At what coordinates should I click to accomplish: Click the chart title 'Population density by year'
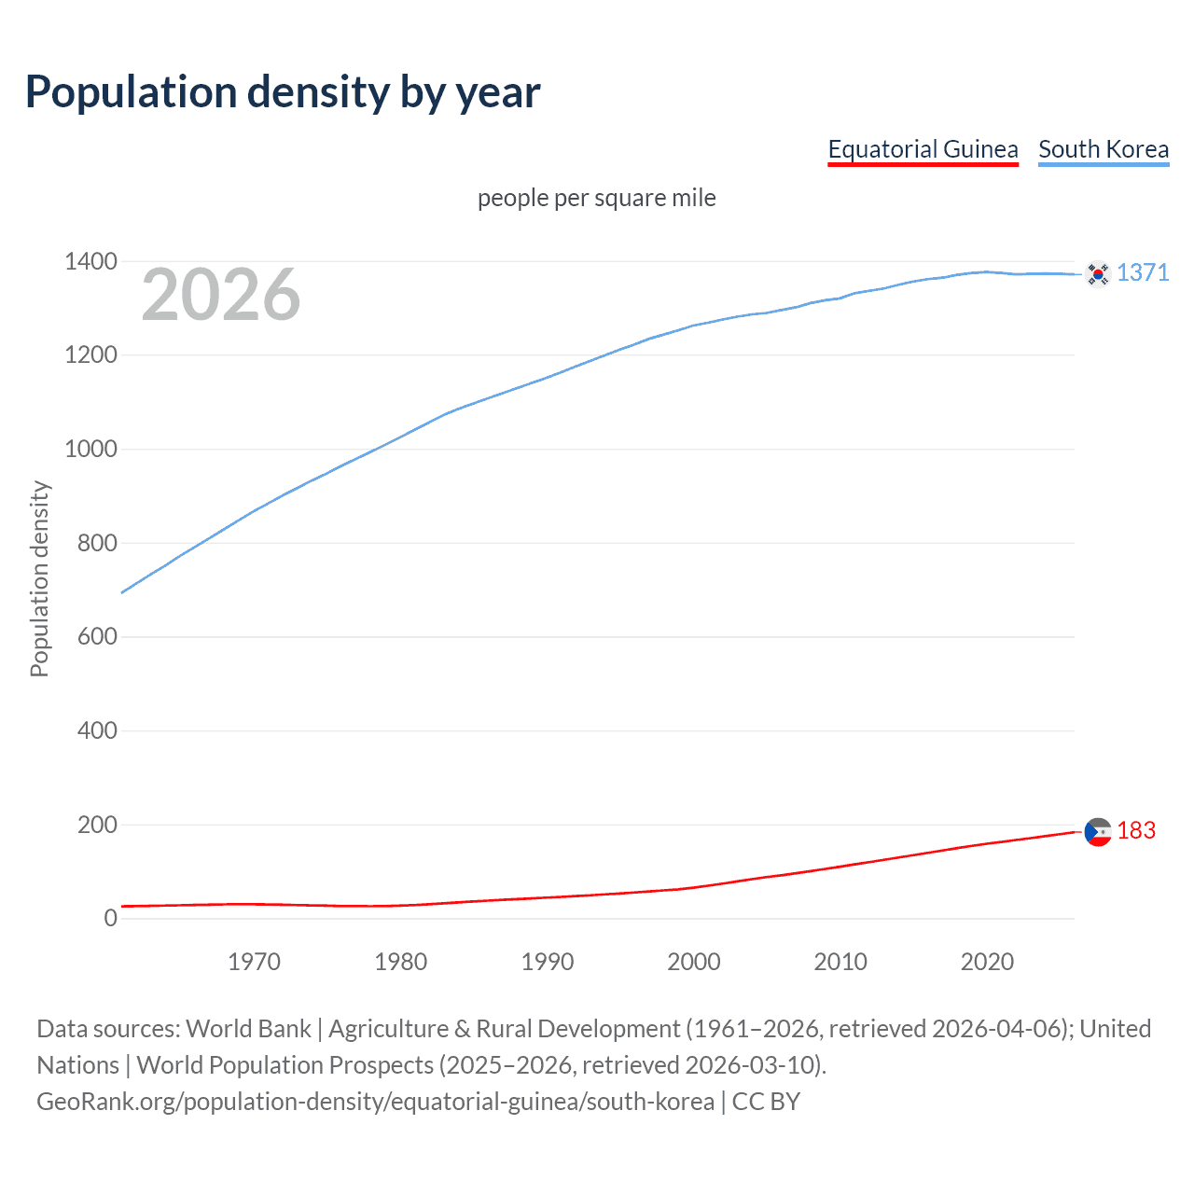(x=283, y=92)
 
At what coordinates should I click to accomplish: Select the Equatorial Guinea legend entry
(x=923, y=149)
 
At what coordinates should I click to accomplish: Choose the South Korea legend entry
(x=1104, y=149)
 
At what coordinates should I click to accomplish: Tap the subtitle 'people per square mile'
(x=596, y=198)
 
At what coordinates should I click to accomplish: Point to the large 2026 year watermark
(x=221, y=295)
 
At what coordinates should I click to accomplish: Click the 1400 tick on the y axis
(x=90, y=261)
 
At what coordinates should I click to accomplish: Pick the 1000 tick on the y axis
(x=90, y=449)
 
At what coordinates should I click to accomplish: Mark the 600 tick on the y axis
(x=97, y=636)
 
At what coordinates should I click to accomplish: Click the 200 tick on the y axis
(x=97, y=825)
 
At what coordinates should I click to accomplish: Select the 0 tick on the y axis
(x=111, y=918)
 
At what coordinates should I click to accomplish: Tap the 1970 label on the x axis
(x=254, y=962)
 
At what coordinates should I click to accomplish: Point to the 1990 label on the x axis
(x=548, y=962)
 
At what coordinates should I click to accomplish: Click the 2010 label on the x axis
(x=840, y=962)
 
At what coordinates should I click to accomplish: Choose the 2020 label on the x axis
(x=987, y=962)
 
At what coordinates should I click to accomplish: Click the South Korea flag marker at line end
(x=1098, y=273)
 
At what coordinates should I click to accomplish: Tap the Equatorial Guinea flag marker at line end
(x=1098, y=831)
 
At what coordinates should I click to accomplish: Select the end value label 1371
(x=1143, y=272)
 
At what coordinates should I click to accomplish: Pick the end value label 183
(x=1136, y=830)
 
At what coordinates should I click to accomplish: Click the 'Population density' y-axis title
(x=39, y=578)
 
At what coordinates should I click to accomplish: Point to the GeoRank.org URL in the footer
(x=375, y=1102)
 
